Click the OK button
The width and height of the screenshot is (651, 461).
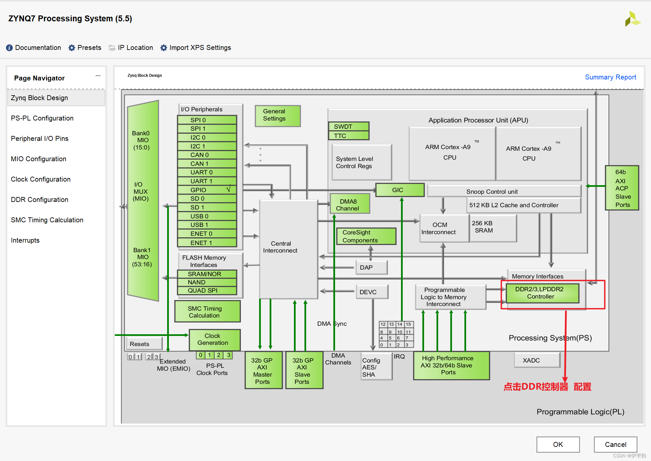558,444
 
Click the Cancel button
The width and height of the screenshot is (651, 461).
615,444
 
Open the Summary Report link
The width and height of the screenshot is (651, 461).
610,77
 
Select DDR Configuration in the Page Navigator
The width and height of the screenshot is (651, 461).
39,200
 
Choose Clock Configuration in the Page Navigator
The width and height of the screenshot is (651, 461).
41,179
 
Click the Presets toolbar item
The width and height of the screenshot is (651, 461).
85,48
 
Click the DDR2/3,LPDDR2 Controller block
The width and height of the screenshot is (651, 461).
542,293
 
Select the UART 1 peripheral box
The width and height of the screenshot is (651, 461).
207,181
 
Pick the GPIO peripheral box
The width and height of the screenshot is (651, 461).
207,190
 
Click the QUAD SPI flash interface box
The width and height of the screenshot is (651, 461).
207,291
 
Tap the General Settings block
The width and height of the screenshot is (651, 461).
278,115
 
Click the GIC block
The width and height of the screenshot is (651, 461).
399,190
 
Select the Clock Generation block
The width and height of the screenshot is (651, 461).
214,340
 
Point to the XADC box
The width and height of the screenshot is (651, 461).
537,360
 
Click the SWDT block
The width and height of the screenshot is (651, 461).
348,126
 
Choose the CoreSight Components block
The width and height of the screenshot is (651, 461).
366,236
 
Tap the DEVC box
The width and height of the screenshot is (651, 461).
371,292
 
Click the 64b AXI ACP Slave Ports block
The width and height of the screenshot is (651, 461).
622,188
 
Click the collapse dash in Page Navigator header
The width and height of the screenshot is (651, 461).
98,76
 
